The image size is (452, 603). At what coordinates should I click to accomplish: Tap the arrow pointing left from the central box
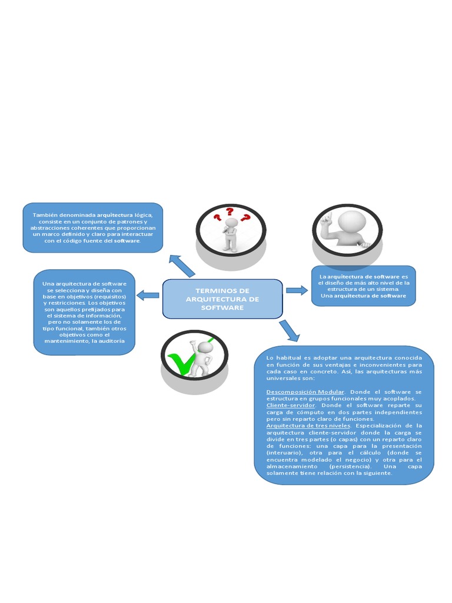[x=148, y=294]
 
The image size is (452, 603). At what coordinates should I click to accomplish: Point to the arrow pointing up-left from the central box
[x=182, y=266]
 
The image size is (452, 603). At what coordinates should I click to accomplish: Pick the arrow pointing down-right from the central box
[x=289, y=330]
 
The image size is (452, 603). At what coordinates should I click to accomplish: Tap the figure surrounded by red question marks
[x=231, y=233]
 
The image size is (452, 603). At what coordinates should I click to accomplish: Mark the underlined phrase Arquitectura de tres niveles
[x=308, y=425]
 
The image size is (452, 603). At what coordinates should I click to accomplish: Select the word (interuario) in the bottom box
[x=286, y=452]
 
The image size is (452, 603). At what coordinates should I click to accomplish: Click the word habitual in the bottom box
[x=294, y=357]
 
